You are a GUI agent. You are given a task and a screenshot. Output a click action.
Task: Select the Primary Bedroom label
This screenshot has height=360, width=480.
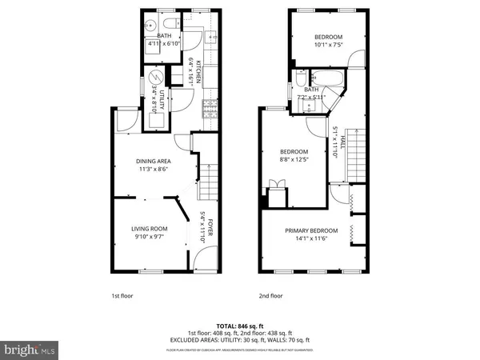[311, 230]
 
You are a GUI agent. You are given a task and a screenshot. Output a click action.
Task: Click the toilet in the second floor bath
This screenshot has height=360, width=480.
[302, 78]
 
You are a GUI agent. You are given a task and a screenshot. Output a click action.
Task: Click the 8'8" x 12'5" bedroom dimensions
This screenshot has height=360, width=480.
[294, 159]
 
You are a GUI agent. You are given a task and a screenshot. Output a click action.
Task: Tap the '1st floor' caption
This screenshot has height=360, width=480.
[121, 295]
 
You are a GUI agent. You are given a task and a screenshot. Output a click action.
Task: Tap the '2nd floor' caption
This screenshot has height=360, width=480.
[271, 295]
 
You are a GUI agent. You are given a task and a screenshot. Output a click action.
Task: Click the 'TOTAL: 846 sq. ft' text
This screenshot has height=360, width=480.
[239, 326]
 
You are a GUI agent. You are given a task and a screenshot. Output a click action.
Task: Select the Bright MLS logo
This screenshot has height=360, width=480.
[30, 350]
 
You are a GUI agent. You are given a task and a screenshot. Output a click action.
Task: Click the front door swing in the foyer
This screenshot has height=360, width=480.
[204, 258]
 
